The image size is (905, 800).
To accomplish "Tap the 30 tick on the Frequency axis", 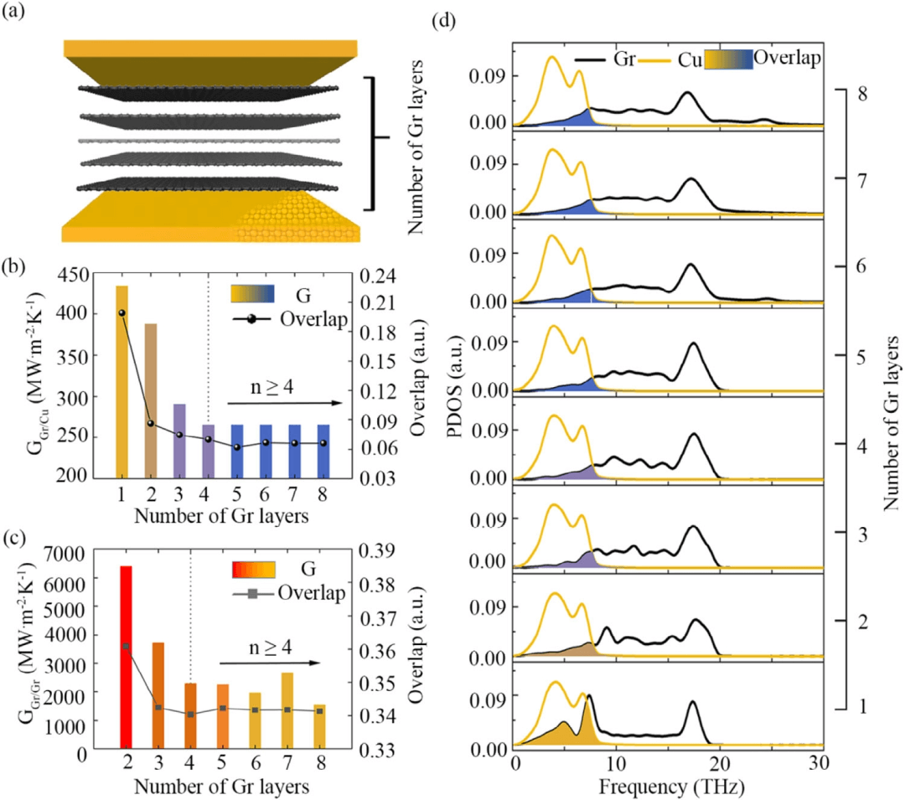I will point(819,765).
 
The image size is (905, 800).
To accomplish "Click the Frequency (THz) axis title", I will point(667,787).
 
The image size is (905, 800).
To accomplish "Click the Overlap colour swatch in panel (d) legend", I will point(727,59).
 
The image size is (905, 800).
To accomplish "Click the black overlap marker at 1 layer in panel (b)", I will point(122,312).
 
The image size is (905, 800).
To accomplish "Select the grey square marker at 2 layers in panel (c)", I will point(127,647).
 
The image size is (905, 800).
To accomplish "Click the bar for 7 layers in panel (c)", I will point(287,710).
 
